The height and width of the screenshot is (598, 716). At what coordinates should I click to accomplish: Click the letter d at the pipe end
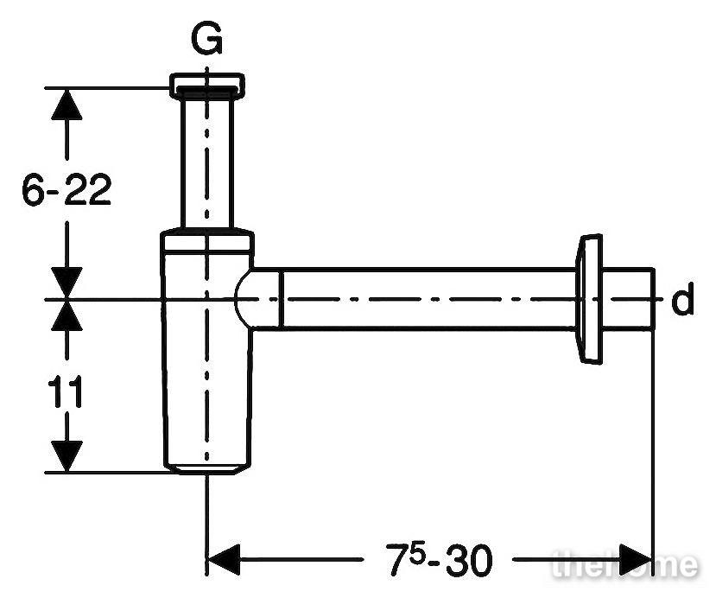pyautogui.click(x=682, y=298)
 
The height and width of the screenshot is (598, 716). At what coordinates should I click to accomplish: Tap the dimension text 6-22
pyautogui.click(x=67, y=189)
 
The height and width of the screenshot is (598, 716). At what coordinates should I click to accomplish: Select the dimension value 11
pyautogui.click(x=66, y=391)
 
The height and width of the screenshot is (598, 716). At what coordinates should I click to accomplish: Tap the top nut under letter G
pyautogui.click(x=207, y=86)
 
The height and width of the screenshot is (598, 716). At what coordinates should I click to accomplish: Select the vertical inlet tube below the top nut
pyautogui.click(x=207, y=163)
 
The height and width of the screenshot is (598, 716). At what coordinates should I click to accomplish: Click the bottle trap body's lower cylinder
pyautogui.click(x=207, y=361)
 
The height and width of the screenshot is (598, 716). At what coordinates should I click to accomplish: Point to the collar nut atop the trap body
pyautogui.click(x=207, y=242)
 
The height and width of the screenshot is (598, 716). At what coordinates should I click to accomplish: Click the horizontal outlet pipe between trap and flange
pyautogui.click(x=427, y=299)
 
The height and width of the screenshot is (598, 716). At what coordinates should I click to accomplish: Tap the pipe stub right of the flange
pyautogui.click(x=628, y=299)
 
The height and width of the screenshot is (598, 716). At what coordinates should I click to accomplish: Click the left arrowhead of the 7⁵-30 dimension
pyautogui.click(x=224, y=559)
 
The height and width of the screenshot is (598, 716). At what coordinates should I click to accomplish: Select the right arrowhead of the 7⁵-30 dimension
pyautogui.click(x=636, y=559)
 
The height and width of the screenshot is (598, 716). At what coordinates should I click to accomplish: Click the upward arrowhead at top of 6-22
pyautogui.click(x=67, y=105)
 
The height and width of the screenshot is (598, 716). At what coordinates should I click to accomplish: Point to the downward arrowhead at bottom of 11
pyautogui.click(x=67, y=456)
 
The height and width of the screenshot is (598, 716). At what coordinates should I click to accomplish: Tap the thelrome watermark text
pyautogui.click(x=625, y=564)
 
